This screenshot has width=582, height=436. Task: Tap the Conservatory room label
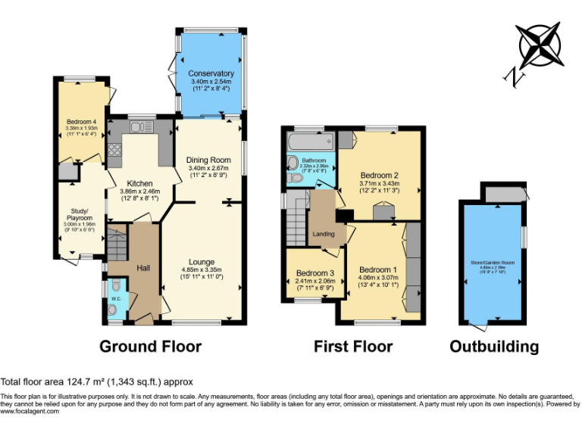coord(211,73)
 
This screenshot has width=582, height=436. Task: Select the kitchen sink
coord(142,126)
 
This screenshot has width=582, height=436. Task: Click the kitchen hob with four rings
coord(115,149)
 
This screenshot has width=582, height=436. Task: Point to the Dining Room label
coord(208,160)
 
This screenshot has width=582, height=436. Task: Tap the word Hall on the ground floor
coord(144,268)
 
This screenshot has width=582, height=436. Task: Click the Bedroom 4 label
coord(81,122)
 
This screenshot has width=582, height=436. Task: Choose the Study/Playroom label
coord(80,215)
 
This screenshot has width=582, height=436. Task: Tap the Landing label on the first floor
coord(324,235)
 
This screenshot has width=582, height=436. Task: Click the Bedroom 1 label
coord(377,270)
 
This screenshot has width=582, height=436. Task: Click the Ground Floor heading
coord(151,347)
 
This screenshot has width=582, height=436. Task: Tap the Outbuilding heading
coord(494,347)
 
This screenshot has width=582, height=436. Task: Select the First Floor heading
coord(353,347)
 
